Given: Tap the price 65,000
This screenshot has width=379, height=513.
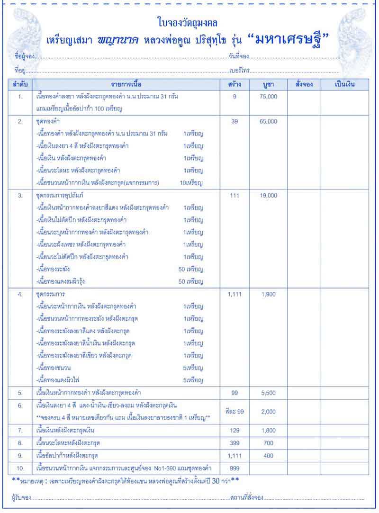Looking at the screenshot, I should (x=269, y=122).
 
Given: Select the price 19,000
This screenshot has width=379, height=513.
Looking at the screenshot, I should (x=269, y=195).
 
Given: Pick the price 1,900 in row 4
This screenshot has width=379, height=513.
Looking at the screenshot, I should (x=269, y=294).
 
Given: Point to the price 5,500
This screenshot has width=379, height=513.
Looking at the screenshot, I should (x=269, y=393).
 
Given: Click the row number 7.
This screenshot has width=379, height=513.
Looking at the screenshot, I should (x=20, y=431).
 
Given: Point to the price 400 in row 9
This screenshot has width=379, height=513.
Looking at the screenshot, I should (x=269, y=456).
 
